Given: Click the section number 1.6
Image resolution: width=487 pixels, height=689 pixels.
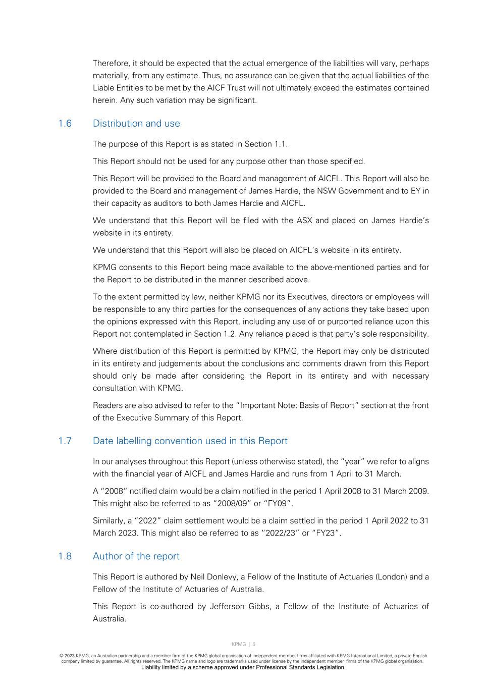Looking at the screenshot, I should coord(65,124).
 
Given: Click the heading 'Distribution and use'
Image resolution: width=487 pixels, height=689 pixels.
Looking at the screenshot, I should coord(136,124).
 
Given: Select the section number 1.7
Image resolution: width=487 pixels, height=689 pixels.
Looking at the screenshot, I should coord(65,441).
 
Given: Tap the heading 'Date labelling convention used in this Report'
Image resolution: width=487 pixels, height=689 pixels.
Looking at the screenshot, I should coord(190,441).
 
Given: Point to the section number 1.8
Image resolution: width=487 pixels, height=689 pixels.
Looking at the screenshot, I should coord(65,556).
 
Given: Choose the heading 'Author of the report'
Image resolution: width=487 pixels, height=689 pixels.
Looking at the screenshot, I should coord(136,556).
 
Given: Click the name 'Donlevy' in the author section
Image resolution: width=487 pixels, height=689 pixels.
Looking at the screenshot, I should coord(222,577).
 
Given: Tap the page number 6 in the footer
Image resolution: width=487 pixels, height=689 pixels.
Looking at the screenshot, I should coord(254,644).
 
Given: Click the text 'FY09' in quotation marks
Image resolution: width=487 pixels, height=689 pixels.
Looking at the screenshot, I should coord(283,504).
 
